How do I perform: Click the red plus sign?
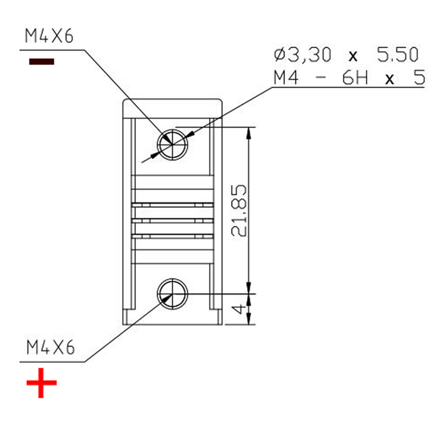41,383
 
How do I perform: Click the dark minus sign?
41,61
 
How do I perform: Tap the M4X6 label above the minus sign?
49,36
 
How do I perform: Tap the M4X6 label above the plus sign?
49,348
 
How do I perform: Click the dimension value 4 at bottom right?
238,309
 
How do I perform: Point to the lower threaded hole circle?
172,292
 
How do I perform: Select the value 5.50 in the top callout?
397,55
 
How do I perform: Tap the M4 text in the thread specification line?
285,79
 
